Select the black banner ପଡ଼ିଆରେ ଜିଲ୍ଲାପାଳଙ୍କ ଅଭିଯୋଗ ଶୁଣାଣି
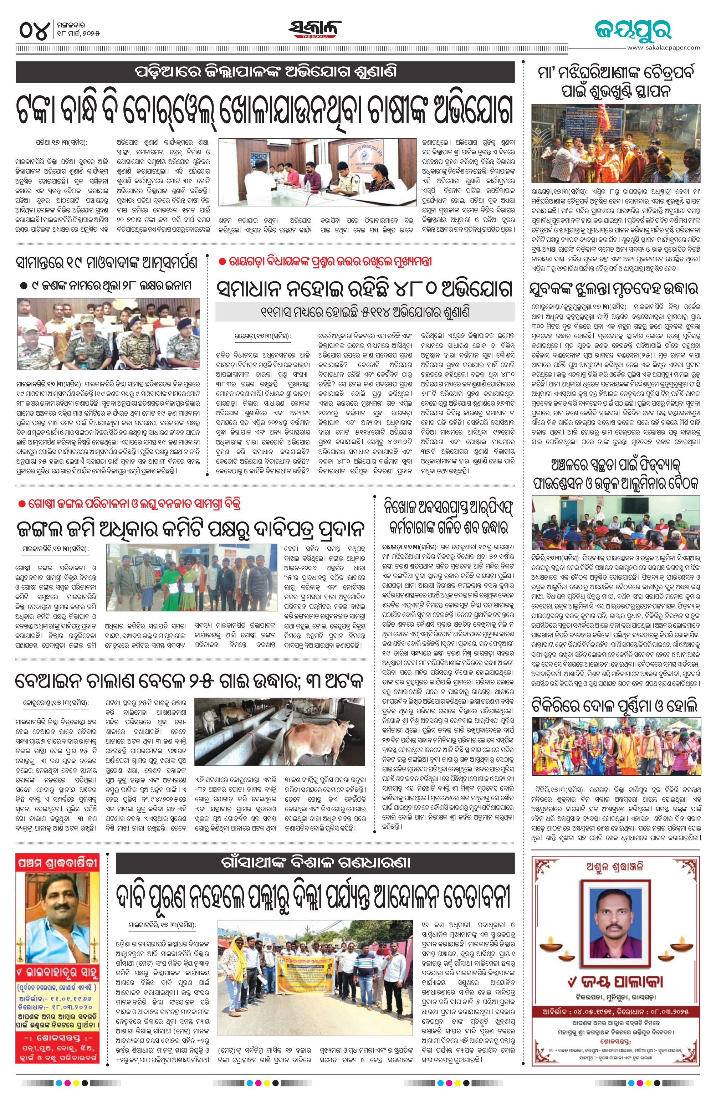click(265, 72)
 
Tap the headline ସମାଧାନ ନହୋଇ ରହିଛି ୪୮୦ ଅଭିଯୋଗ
click(365, 289)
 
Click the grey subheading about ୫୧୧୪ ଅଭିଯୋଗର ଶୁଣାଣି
click(365, 312)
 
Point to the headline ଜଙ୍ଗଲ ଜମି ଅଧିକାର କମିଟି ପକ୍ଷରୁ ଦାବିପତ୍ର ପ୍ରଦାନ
click(191, 528)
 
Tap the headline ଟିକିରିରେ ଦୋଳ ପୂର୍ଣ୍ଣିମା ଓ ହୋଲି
click(614, 705)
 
